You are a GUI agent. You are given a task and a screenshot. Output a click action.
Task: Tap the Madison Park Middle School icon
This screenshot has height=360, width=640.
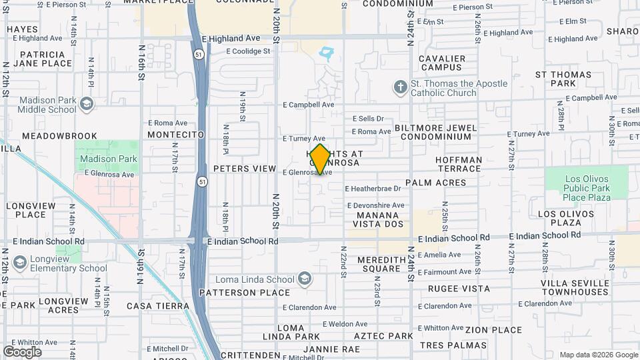click(x=86, y=103)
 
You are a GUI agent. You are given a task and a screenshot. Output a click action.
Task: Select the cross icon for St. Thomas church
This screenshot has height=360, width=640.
click(x=400, y=87)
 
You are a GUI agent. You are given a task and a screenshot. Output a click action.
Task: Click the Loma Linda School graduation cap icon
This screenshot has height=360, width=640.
click(x=305, y=279)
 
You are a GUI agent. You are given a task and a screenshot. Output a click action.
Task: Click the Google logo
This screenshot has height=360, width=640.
click(x=22, y=351)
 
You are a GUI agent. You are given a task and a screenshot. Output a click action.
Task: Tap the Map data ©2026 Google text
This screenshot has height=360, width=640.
click(x=598, y=355)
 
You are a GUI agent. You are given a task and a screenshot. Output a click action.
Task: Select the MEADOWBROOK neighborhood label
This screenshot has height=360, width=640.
click(x=59, y=135)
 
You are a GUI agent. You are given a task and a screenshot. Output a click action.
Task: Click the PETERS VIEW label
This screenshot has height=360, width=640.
click(x=245, y=169)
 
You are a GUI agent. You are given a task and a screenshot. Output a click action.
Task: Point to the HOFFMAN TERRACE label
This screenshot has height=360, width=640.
click(x=458, y=164)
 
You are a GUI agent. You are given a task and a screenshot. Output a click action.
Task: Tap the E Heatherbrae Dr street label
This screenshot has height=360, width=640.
click(x=373, y=189)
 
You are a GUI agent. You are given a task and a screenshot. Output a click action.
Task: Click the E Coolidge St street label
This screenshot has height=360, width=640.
click(x=248, y=51)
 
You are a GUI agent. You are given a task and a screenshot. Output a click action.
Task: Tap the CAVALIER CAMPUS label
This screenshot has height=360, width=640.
click(x=443, y=63)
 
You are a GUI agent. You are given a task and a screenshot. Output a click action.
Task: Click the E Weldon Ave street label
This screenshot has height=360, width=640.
click(x=345, y=324)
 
